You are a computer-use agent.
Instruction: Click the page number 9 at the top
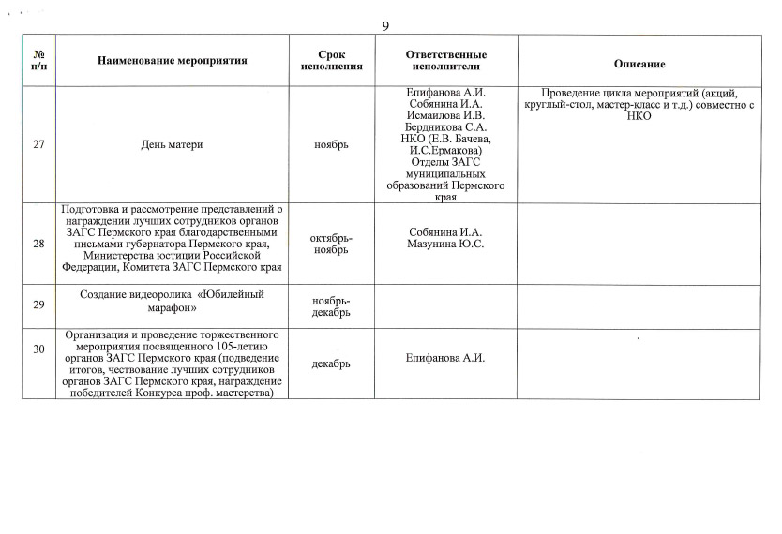click(385, 25)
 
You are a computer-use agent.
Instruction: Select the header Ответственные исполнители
click(445, 61)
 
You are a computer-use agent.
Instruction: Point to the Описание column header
click(639, 63)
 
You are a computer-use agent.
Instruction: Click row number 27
click(38, 144)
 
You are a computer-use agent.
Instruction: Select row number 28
click(38, 244)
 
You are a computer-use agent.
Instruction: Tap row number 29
click(38, 304)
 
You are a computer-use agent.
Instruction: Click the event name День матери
click(173, 144)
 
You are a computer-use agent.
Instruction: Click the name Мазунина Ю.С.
click(445, 245)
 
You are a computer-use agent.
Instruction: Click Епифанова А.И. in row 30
click(445, 357)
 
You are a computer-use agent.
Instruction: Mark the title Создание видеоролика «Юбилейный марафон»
click(173, 300)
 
